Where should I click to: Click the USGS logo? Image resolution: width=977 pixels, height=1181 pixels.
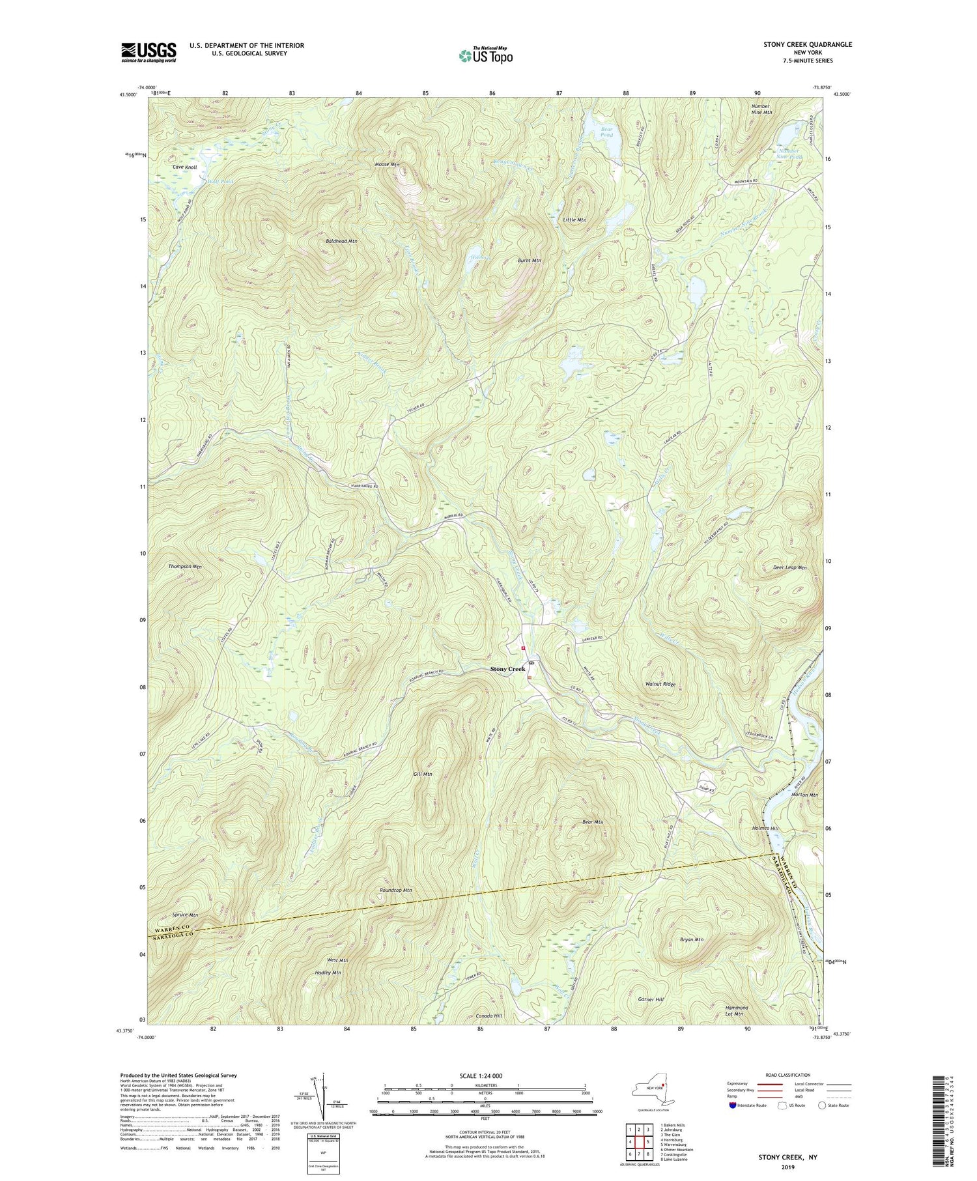pyautogui.click(x=149, y=52)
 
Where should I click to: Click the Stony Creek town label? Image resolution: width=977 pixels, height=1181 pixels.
pyautogui.click(x=507, y=669)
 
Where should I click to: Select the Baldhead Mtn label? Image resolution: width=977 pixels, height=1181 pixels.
pyautogui.click(x=341, y=241)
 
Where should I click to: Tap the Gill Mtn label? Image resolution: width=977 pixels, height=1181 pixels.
pyautogui.click(x=423, y=775)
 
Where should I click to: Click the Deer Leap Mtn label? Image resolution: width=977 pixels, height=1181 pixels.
pyautogui.click(x=789, y=568)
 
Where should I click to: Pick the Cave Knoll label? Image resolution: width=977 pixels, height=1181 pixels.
pyautogui.click(x=185, y=167)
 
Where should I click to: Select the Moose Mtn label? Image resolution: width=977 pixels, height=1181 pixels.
pyautogui.click(x=387, y=165)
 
